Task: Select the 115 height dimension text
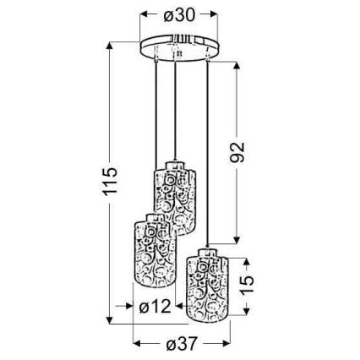pyautogui.click(x=110, y=182)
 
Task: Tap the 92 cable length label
pyautogui.click(x=237, y=152)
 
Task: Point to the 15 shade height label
pyautogui.click(x=247, y=285)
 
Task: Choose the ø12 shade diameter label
pyautogui.click(x=155, y=306)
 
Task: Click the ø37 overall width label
pyautogui.click(x=181, y=343)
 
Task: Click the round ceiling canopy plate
pyautogui.click(x=179, y=47)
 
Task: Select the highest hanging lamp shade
pyautogui.click(x=175, y=198)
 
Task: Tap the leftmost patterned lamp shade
pyautogui.click(x=155, y=250)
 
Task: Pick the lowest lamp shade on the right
pyautogui.click(x=207, y=285)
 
